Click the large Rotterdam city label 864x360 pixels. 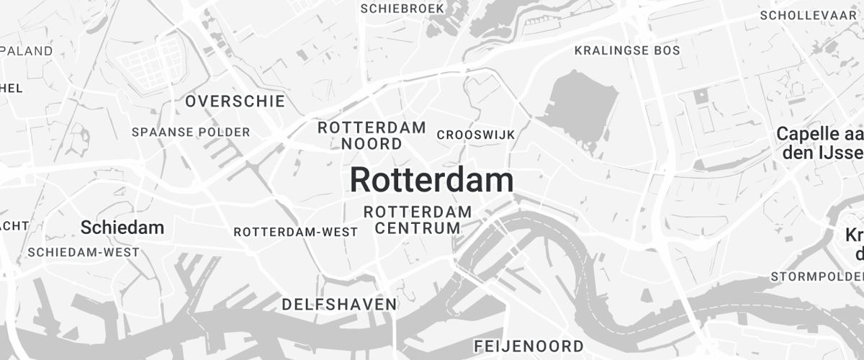click(431, 180)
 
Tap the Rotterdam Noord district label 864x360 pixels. click(372, 135)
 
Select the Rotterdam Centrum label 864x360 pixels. click(418, 220)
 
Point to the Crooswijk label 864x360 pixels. click(475, 135)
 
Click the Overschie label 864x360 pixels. click(235, 102)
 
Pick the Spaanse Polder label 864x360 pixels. click(191, 132)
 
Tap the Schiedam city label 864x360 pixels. click(122, 228)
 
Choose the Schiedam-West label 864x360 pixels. click(84, 253)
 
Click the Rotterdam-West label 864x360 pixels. click(296, 232)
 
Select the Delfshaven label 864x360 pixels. click(339, 305)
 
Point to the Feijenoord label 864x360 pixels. click(528, 346)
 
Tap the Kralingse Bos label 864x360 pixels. click(627, 50)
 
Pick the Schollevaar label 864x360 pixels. click(811, 15)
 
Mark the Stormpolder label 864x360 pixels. click(816, 276)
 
